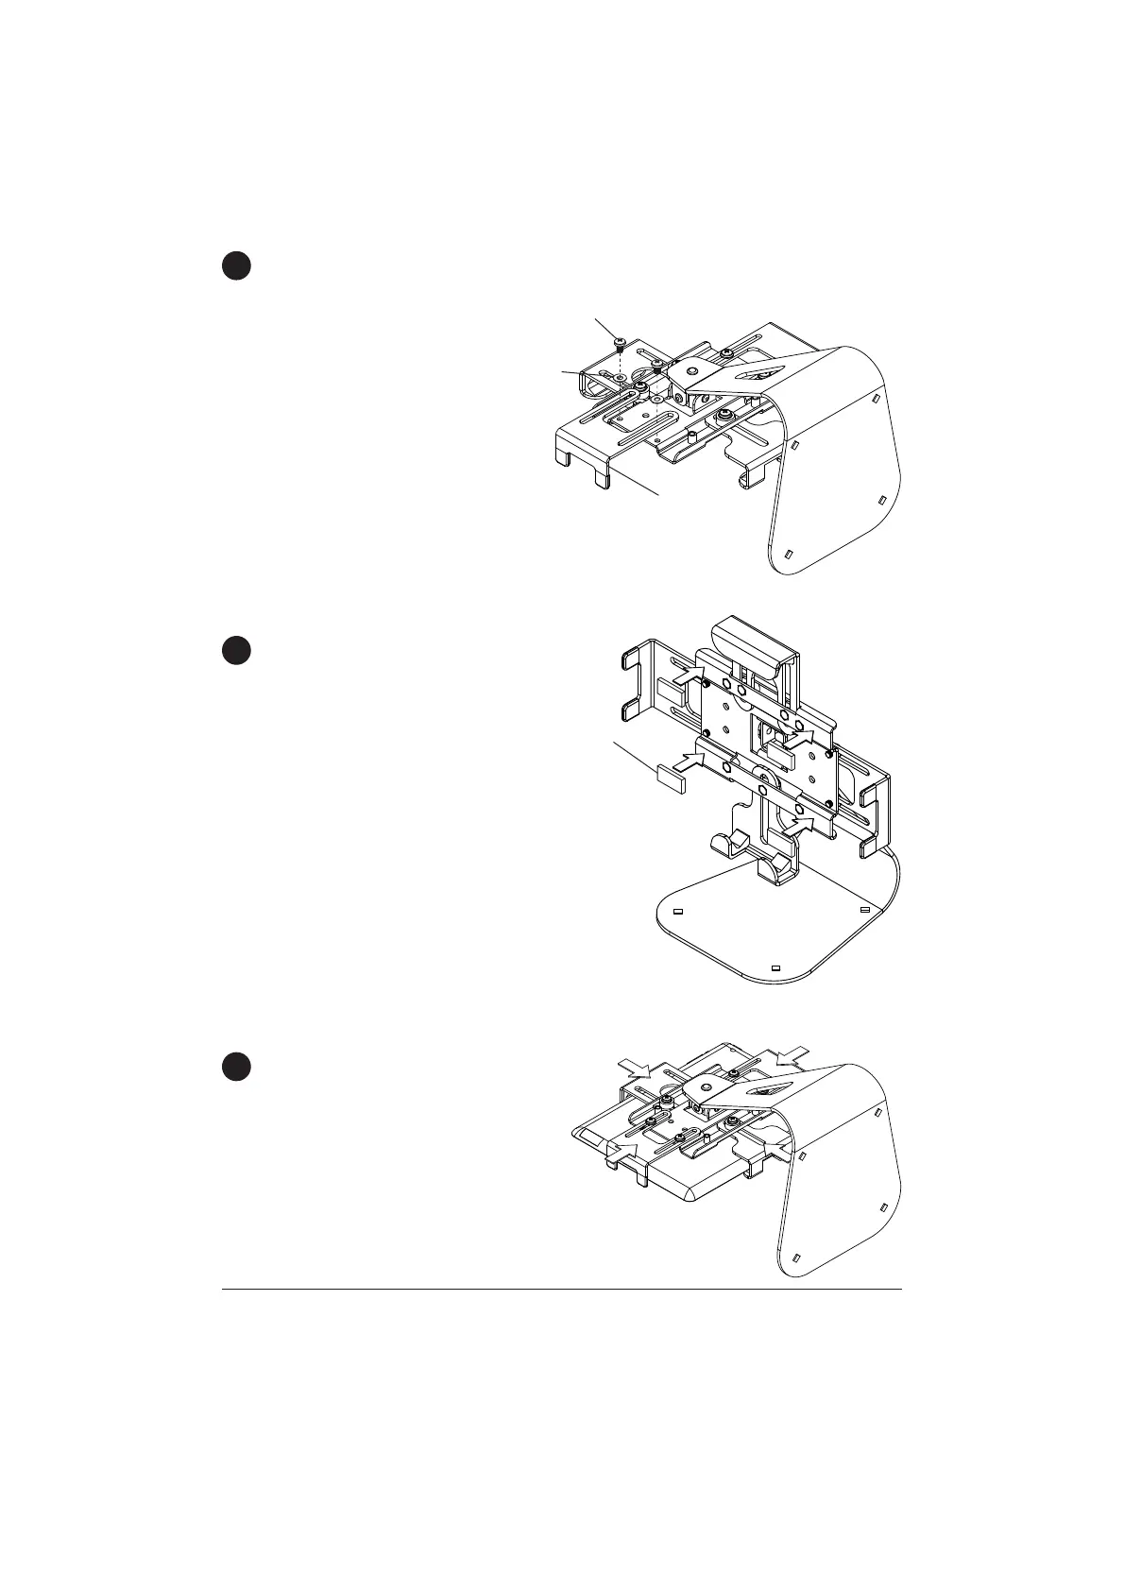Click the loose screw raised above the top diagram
619,341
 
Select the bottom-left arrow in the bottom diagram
623,1148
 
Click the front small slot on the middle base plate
775,968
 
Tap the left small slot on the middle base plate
677,912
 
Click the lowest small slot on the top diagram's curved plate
792,554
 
